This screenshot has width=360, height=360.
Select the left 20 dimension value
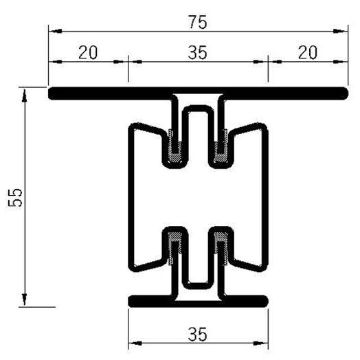coord(87,52)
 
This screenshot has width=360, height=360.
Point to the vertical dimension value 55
coord(19,198)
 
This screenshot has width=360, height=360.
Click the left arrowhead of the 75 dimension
coord(53,32)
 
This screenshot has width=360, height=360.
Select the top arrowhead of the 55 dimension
coord(25,93)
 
